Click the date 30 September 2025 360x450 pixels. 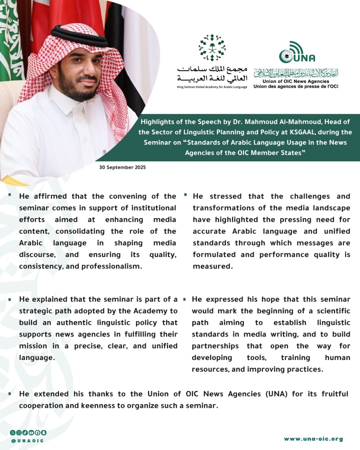[122, 167]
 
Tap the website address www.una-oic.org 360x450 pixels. [313, 439]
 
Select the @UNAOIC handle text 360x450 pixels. [27, 441]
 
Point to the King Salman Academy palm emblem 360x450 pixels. [212, 48]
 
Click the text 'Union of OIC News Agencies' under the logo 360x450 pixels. [296, 81]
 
